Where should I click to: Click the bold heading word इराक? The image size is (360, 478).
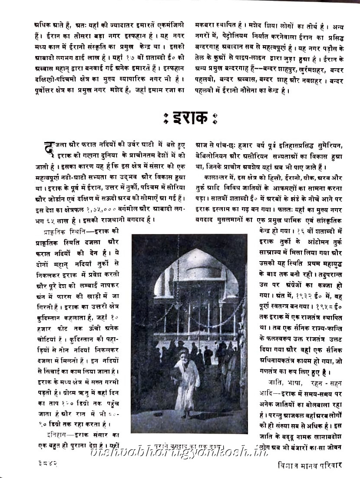click(190, 118)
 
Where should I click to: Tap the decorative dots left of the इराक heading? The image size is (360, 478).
click(165, 118)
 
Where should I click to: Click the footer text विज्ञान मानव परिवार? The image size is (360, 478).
click(310, 465)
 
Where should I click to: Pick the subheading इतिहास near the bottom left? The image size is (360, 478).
click(56, 435)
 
